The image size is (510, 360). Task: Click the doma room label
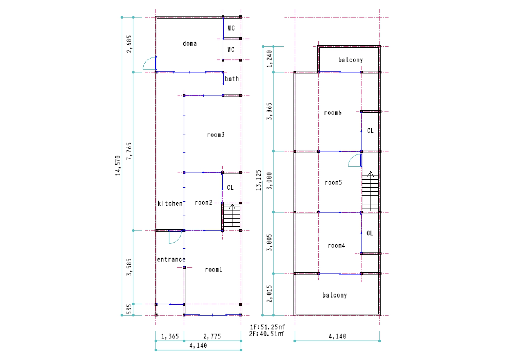(x=190, y=44)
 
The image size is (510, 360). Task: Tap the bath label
(x=232, y=79)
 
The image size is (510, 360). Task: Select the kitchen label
(x=170, y=203)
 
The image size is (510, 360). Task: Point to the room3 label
(x=216, y=135)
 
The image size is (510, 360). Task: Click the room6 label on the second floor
(x=333, y=113)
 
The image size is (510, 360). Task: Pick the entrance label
(x=171, y=259)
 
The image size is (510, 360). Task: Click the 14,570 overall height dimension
(x=118, y=165)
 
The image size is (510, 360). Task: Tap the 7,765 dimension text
(x=129, y=151)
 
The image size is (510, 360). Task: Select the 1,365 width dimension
(x=170, y=336)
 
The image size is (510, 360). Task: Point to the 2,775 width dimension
(x=212, y=336)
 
